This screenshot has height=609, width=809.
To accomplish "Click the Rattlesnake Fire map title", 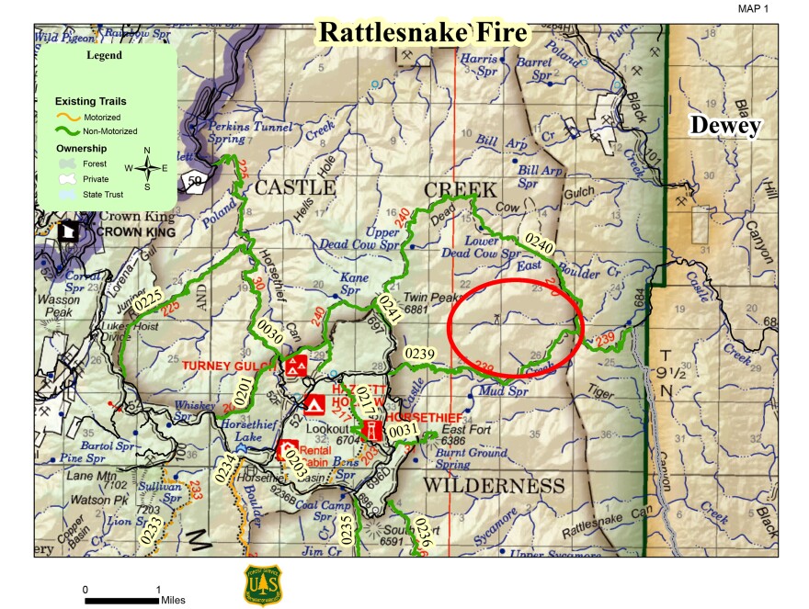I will (423, 33).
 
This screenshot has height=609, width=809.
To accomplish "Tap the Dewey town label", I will (726, 125).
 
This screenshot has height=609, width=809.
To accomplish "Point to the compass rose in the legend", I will (147, 167).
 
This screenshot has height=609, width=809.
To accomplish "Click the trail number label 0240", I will (539, 242).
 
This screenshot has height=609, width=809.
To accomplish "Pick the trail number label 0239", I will (419, 354).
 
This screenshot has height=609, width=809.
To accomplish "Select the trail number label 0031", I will (402, 431).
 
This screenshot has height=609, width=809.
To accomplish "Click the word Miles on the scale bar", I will (173, 600).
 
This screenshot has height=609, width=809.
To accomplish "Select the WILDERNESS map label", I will (493, 484).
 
